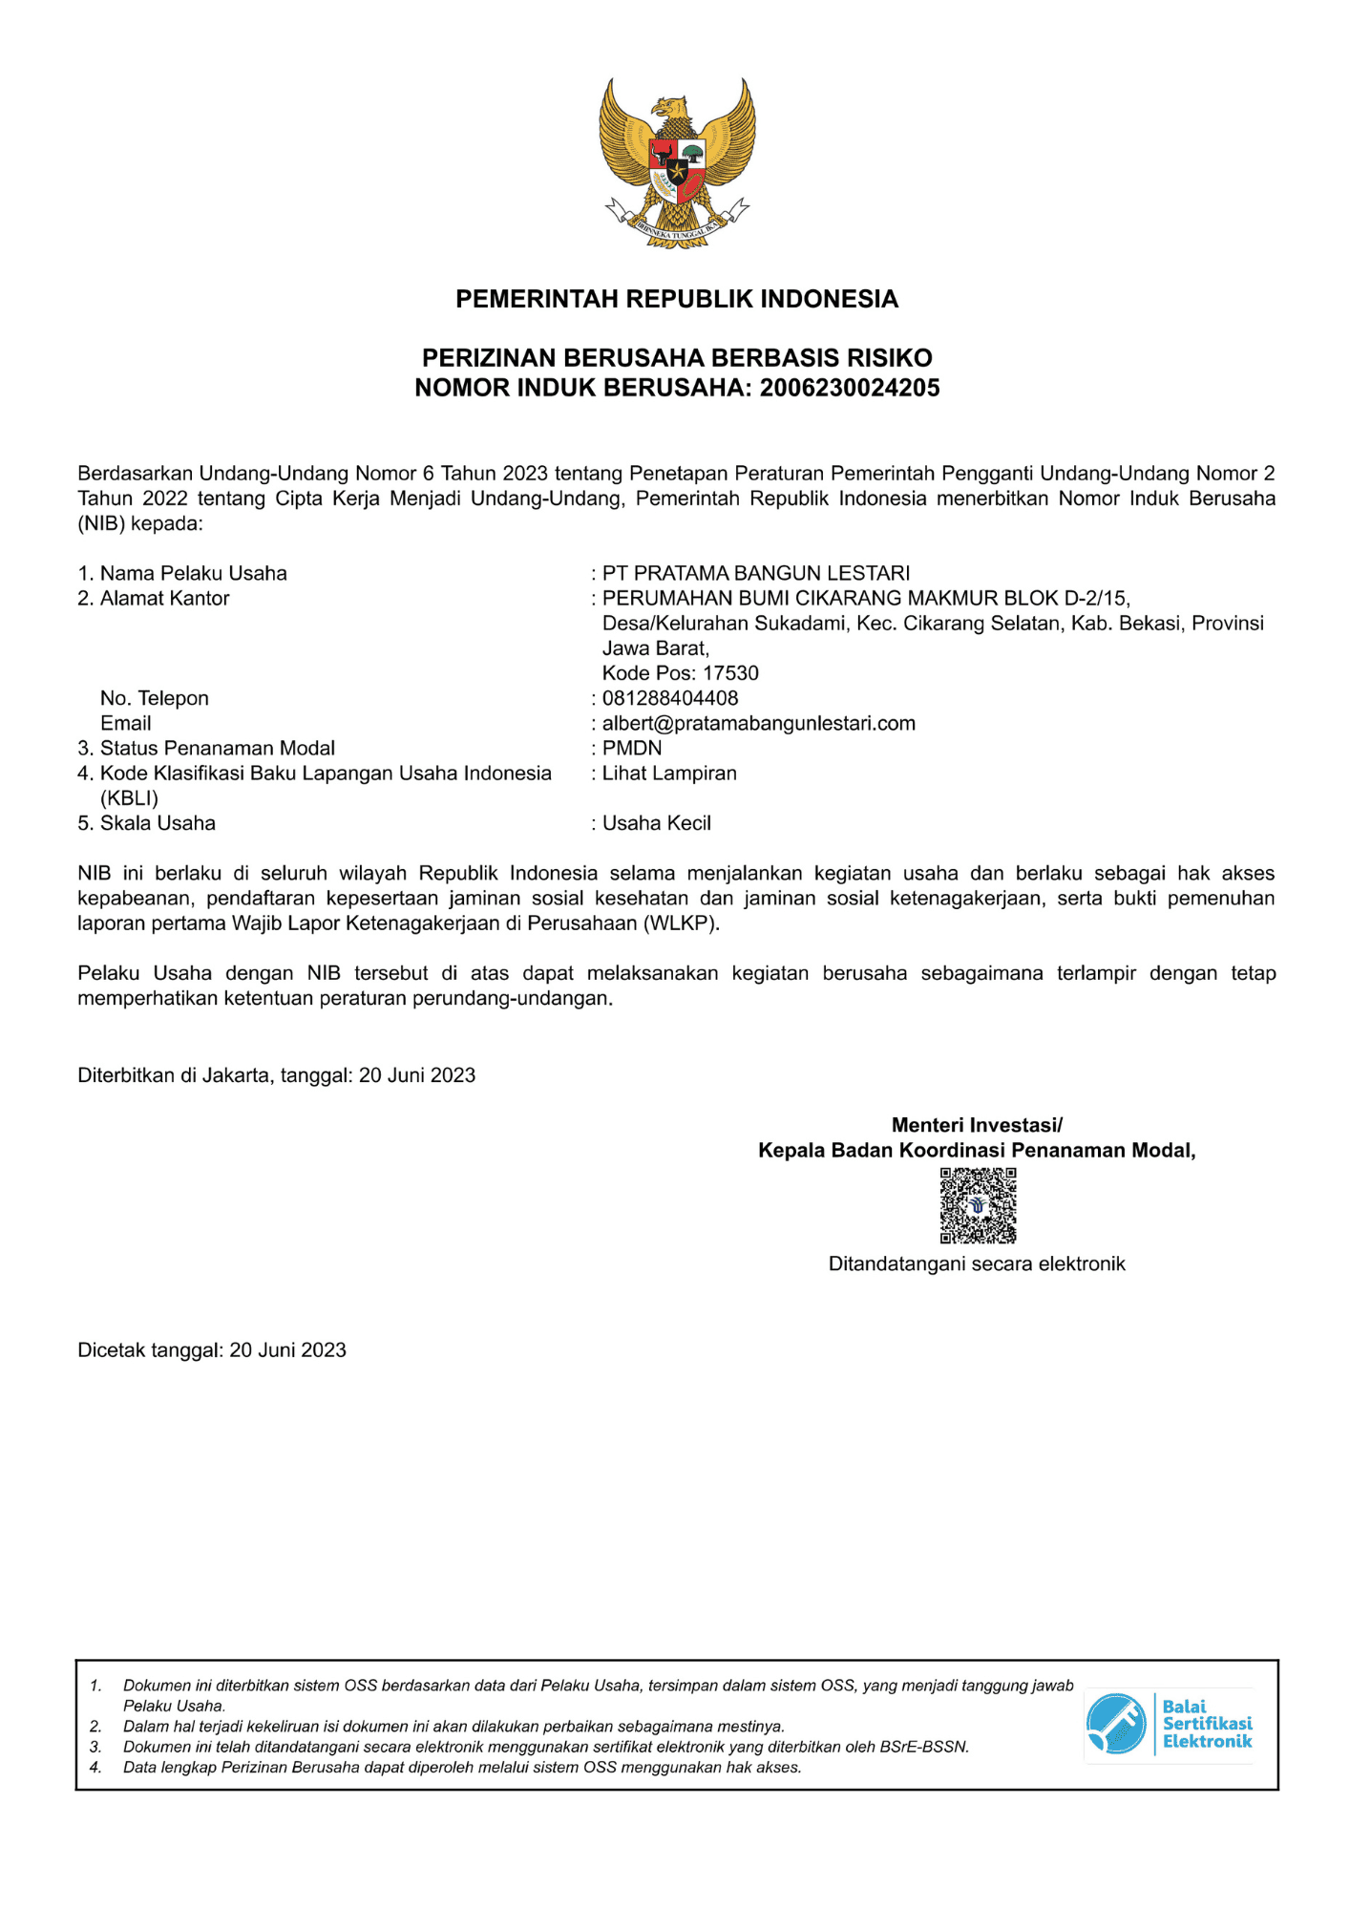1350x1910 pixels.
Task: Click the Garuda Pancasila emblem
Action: coord(677,163)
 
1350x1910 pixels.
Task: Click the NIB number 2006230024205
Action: coord(850,388)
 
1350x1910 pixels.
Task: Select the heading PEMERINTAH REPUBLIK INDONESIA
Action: coord(677,299)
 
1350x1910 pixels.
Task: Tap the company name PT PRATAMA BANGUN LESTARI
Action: coord(756,573)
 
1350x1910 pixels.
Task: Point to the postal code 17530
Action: coord(730,673)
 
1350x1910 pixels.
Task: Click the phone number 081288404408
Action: coord(670,698)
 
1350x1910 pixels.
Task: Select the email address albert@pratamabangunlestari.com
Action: coord(758,723)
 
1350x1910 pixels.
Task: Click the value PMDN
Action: coord(632,748)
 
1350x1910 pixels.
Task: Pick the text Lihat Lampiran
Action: coord(669,773)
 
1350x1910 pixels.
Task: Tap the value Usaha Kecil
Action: coord(657,823)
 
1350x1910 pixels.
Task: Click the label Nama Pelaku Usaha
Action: coord(193,573)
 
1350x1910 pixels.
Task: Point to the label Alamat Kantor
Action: coord(164,598)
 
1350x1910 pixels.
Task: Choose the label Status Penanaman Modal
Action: coord(217,748)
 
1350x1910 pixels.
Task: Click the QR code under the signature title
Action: coord(978,1205)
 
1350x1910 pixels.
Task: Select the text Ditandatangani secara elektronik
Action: coord(977,1263)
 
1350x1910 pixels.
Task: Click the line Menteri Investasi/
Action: coord(977,1125)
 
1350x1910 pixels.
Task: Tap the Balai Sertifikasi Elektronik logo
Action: coord(1170,1724)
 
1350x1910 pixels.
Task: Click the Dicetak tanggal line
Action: coord(212,1349)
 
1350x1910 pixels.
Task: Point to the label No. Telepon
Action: coord(155,698)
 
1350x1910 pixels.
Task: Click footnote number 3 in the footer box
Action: coord(95,1747)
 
